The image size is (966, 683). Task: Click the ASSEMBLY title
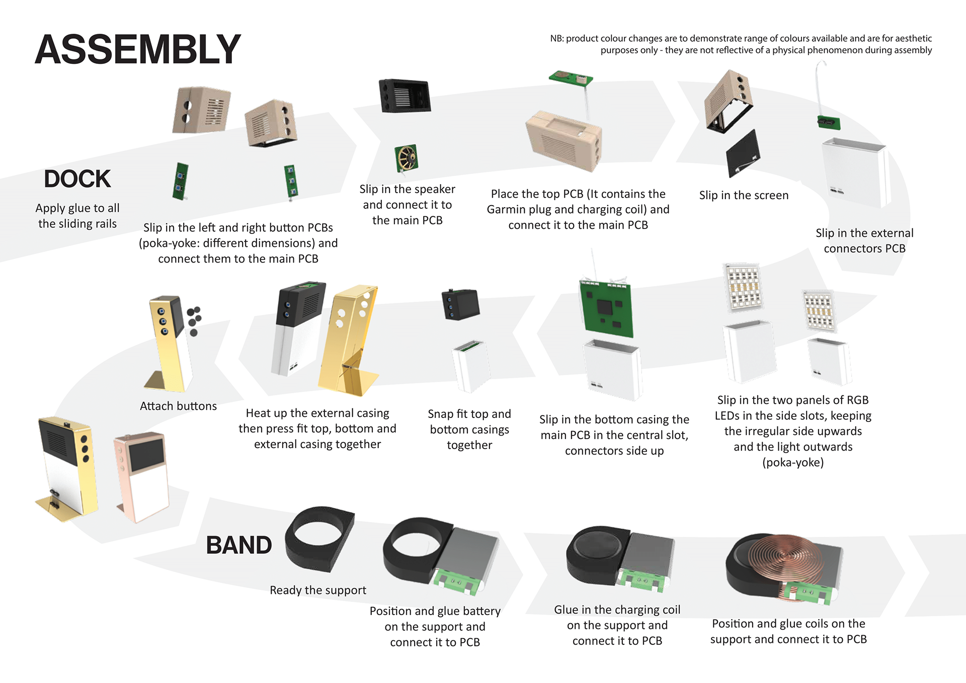coord(138,50)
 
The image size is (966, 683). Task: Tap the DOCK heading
coord(77,179)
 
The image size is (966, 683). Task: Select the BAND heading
coord(238,545)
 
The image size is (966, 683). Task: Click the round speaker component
coord(407,158)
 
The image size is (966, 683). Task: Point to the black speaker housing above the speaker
coord(405,96)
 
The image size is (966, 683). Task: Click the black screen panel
coord(743,153)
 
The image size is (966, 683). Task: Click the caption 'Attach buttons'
coord(178,406)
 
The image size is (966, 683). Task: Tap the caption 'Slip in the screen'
coord(744,195)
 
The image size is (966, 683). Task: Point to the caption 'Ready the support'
coord(317,590)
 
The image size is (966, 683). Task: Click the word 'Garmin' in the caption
coord(507,209)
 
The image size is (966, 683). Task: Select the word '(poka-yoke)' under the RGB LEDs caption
coord(793,462)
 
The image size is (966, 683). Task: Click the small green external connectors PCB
coord(828,122)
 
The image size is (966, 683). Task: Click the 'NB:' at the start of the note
coord(557,39)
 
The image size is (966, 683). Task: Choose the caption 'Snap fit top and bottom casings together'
coord(469,429)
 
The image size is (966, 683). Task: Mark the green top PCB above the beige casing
coord(571,78)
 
